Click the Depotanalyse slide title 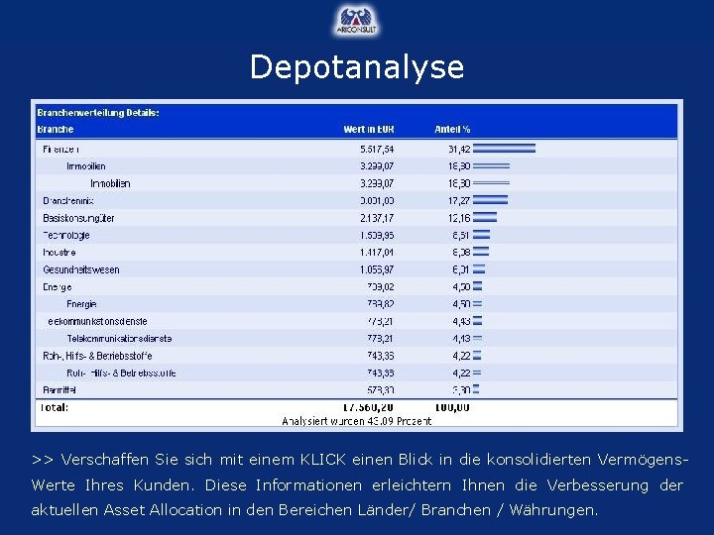click(357, 66)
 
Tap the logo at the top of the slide click(357, 21)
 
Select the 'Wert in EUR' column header click(369, 129)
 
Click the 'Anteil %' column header click(452, 129)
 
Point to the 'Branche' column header click(56, 129)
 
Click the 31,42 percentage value click(458, 149)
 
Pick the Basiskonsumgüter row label click(78, 218)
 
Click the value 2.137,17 click(377, 218)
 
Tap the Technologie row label click(65, 235)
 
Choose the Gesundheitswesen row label click(80, 269)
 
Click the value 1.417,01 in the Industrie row click(377, 253)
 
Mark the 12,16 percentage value click(458, 218)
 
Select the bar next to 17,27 click(490, 200)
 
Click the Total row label click(55, 407)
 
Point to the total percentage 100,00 click(452, 407)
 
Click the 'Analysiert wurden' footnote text click(357, 421)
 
